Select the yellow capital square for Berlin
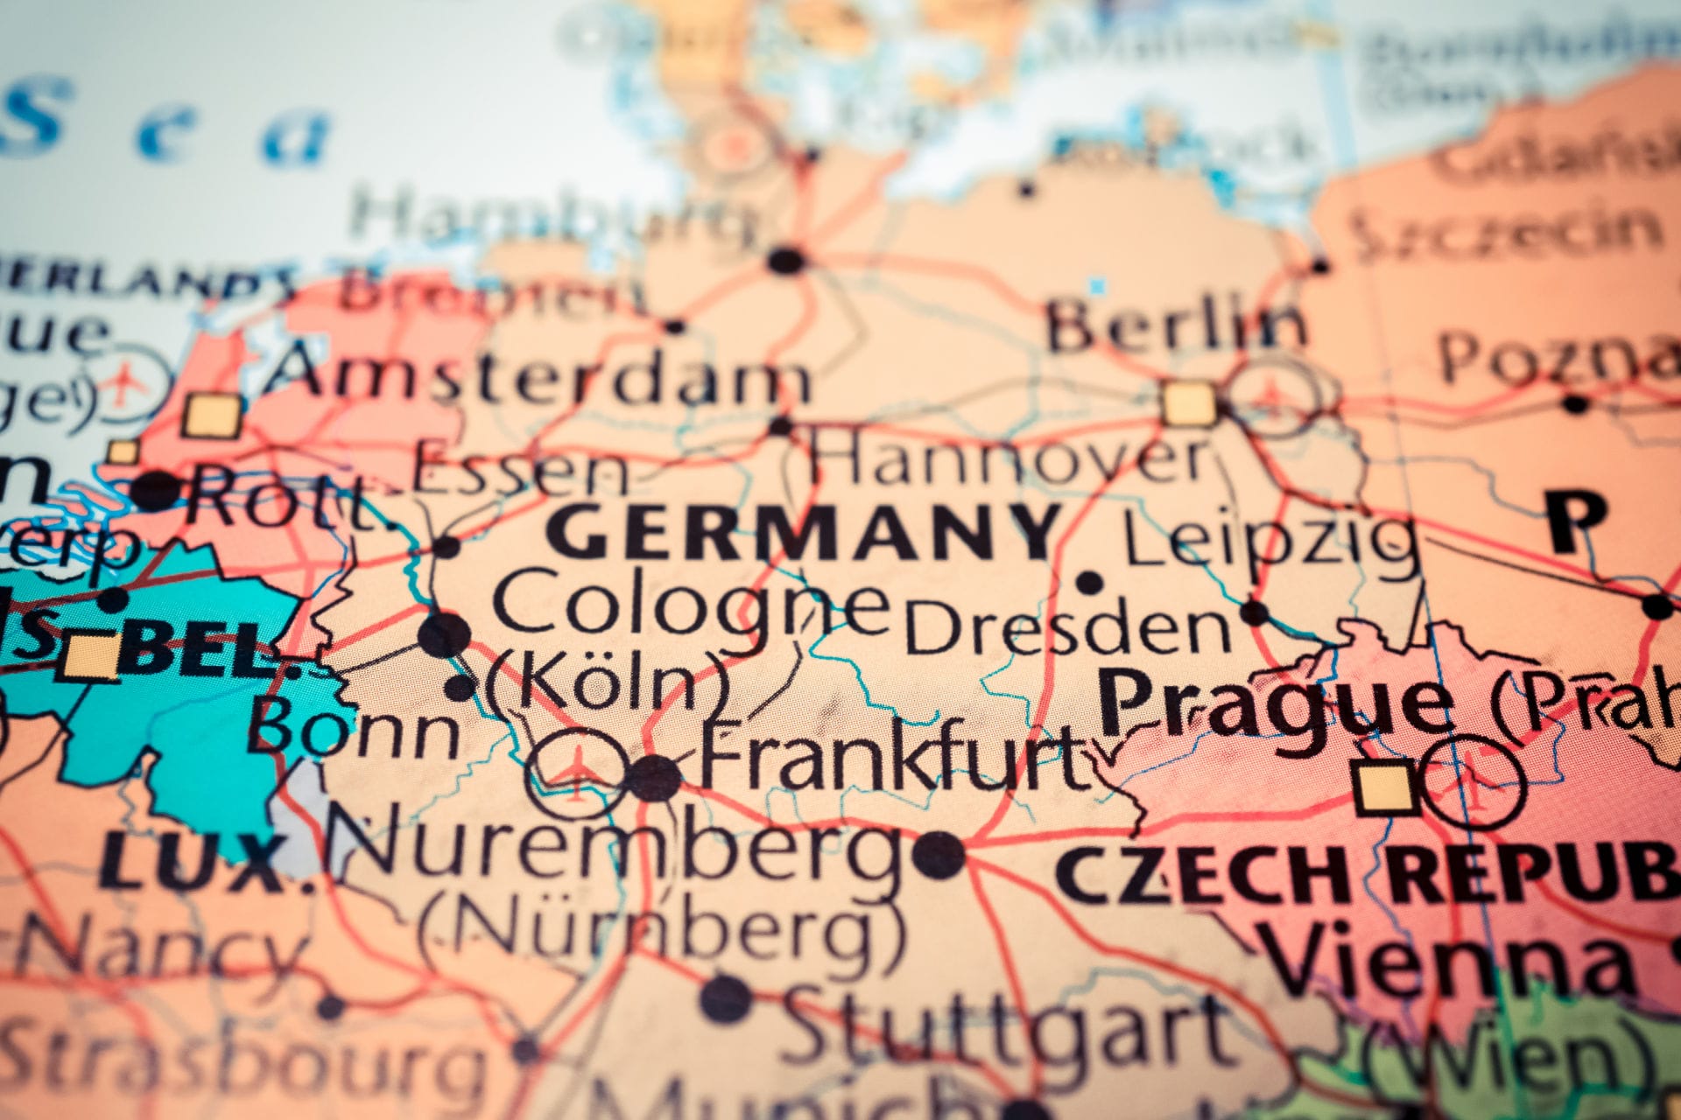pos(1189,405)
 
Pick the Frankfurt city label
pos(893,759)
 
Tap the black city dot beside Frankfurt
pos(654,778)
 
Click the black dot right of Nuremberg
pos(939,855)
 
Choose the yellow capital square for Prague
pos(1383,788)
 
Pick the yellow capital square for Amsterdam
pos(211,416)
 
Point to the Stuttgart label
pos(1007,1028)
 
